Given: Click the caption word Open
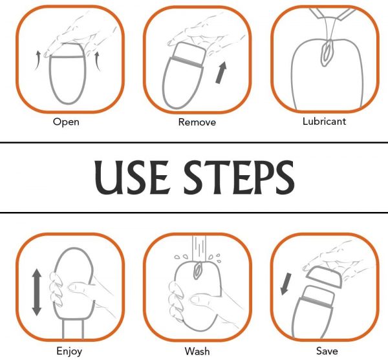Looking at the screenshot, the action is coord(66,122).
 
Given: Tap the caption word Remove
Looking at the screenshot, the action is coord(197,122).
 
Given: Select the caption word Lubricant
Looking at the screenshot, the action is coord(324,121).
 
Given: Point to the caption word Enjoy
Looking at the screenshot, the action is coord(69,352).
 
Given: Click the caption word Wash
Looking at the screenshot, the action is coord(197,351).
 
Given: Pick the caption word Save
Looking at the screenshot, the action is coord(327,351).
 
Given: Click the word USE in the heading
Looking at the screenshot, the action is coord(131,177).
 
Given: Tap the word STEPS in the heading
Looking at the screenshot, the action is coord(239,177).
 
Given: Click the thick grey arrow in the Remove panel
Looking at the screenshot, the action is coord(221,72).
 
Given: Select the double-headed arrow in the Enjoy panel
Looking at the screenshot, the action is coord(37,292).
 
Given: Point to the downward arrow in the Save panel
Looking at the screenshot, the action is coord(286,284).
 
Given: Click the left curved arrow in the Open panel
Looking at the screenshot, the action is coord(38,60).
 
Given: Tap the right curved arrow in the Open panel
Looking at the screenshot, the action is coord(97,61).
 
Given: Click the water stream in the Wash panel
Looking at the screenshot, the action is coord(199,248).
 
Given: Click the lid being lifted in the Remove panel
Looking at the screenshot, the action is coord(189,55).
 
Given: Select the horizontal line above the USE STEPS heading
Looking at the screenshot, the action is coord(194,142).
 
